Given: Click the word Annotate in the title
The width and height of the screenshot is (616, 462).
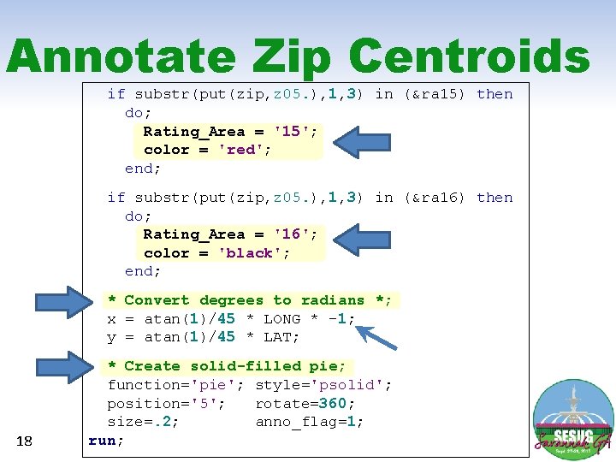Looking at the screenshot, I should (x=120, y=57).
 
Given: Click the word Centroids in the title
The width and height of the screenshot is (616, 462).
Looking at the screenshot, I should (x=469, y=57).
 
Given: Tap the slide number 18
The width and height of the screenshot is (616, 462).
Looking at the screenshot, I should (x=24, y=441).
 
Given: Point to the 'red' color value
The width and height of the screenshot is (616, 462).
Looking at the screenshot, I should (x=241, y=150).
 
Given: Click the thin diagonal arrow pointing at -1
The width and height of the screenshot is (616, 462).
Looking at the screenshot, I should (x=376, y=335).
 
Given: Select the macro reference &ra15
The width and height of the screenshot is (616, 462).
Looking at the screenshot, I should (x=437, y=94).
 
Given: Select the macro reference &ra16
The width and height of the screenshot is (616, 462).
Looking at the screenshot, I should (x=437, y=198).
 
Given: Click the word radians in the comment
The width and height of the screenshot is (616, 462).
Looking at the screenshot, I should (x=333, y=300).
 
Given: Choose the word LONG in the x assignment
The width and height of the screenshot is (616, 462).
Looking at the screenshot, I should (x=282, y=319).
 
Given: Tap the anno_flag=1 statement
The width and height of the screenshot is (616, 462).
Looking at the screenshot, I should (x=309, y=422).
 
